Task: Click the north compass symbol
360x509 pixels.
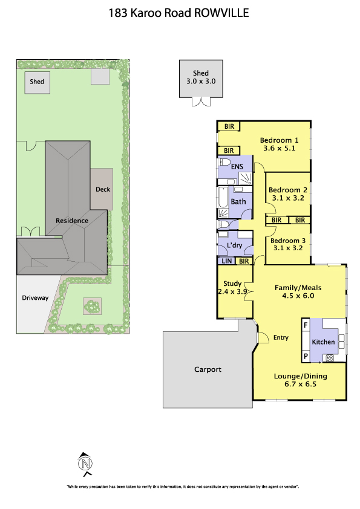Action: coord(85,464)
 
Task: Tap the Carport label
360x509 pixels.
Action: coord(208,369)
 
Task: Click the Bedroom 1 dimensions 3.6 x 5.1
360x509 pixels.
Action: coord(279,148)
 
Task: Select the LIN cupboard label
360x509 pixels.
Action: coord(226,261)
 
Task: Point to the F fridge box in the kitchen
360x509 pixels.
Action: coord(306,325)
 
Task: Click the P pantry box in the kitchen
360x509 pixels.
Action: coord(306,356)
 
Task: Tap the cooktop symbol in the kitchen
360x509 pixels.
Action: coord(330,358)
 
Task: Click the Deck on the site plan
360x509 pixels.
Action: coord(102,189)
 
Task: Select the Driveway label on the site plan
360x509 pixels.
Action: coord(35,297)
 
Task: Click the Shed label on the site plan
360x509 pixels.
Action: coord(37,82)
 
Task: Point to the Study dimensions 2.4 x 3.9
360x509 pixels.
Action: coord(232,291)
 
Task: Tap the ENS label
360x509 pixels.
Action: coord(237,166)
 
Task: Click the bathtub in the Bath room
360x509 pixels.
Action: coord(223,196)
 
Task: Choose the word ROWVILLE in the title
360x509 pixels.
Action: coord(221,13)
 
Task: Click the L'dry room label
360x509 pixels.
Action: coord(235,245)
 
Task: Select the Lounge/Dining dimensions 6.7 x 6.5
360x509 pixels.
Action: coord(300,384)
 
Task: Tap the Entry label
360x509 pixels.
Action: coord(281,337)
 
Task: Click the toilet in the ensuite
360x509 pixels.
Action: coord(224,162)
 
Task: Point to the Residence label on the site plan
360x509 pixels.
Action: coord(72,221)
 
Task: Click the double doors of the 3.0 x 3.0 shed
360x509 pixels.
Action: coord(201,102)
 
